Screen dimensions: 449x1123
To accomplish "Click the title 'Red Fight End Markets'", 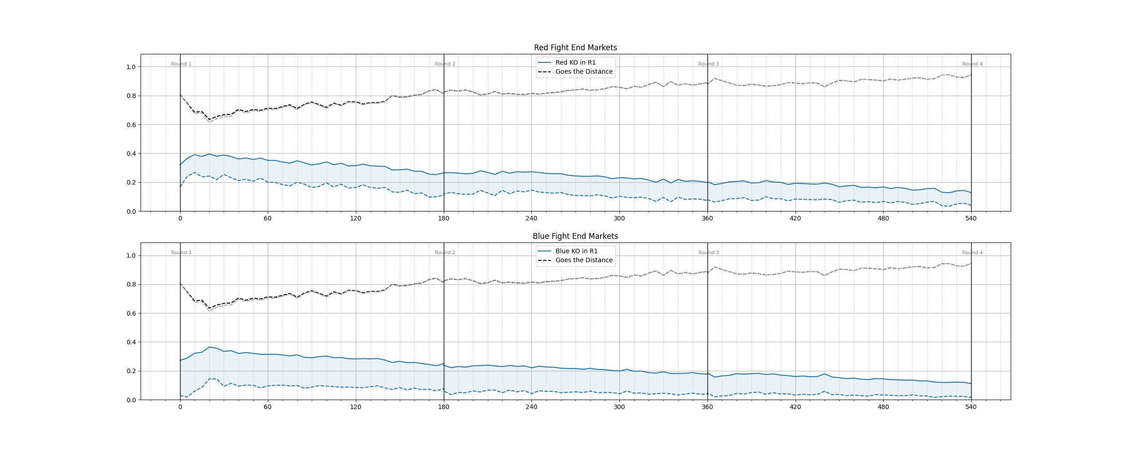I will (x=575, y=48).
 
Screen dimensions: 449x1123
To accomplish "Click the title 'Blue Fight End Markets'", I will (x=575, y=236).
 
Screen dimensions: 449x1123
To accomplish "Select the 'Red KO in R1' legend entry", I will (x=575, y=62).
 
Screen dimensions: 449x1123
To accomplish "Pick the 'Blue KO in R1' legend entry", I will (x=576, y=251).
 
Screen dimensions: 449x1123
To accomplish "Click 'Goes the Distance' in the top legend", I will (x=584, y=71).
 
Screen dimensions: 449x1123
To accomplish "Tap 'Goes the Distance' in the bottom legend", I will (x=584, y=260).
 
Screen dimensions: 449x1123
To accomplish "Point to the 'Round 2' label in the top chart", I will (x=445, y=64).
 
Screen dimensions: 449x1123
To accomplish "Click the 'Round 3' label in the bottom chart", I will (x=708, y=253).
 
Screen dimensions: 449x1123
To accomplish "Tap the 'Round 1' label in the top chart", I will (x=181, y=64).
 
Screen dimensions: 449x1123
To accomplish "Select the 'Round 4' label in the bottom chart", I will (x=972, y=253).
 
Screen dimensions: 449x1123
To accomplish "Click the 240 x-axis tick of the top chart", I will (x=531, y=219).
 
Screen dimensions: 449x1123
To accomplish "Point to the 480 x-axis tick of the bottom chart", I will (x=883, y=407).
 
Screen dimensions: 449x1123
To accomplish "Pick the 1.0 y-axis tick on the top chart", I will (x=131, y=67).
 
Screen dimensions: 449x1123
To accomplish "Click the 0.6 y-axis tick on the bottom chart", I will (x=131, y=313).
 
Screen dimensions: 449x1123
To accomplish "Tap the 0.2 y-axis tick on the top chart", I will (x=131, y=183).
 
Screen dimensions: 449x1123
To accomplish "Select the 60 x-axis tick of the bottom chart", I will (x=268, y=407).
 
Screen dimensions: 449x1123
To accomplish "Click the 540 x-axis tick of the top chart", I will (x=971, y=219).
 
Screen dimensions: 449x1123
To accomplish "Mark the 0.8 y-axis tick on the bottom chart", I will (x=131, y=285).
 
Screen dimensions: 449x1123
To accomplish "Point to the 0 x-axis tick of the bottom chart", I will (x=180, y=407).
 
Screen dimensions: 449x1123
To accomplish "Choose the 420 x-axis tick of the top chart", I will (x=795, y=219).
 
